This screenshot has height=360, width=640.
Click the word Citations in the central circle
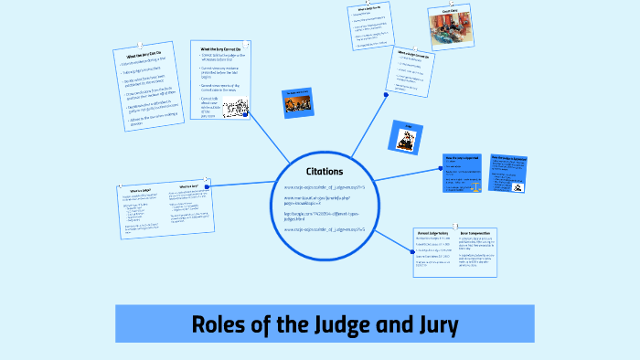click(x=325, y=171)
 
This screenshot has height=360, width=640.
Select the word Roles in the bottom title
click(x=220, y=324)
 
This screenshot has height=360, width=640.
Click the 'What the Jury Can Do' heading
click(x=146, y=58)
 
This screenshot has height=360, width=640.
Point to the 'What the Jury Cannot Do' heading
click(x=224, y=48)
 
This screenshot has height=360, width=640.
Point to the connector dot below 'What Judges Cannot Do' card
click(x=386, y=91)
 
